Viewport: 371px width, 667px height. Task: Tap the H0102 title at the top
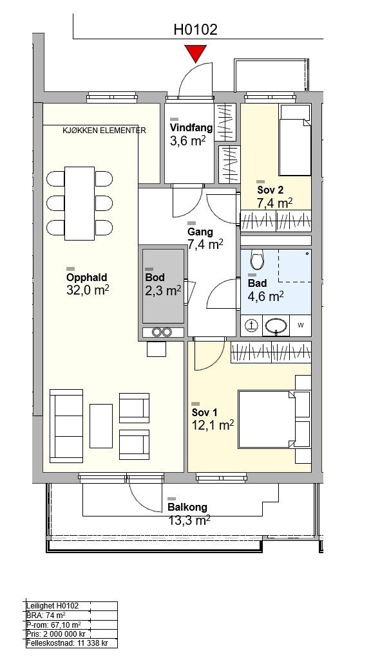click(x=196, y=30)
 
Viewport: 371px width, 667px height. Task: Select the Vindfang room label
click(x=191, y=127)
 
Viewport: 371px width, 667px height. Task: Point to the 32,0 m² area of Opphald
click(x=88, y=290)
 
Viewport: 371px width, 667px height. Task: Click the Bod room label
click(x=155, y=278)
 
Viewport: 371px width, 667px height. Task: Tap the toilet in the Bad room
click(x=257, y=259)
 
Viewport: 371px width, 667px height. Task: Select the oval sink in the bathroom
click(x=276, y=326)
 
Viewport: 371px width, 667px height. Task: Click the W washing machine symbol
click(x=300, y=325)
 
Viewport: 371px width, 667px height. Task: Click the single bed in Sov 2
click(x=295, y=140)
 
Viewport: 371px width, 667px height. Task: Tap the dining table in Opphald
click(x=79, y=203)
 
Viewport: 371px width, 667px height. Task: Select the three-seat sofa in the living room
click(x=66, y=426)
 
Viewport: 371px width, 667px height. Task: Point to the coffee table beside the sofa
click(x=101, y=426)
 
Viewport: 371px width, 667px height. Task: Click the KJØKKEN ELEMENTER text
click(x=104, y=131)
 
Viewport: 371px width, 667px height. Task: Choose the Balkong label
click(x=187, y=507)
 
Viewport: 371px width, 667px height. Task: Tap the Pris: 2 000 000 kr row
click(x=56, y=634)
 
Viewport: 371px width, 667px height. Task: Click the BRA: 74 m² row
click(x=46, y=615)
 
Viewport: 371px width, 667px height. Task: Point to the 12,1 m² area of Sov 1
click(x=213, y=425)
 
